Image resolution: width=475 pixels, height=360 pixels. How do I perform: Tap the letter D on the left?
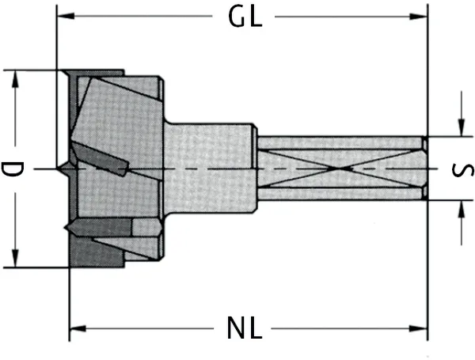(x=11, y=169)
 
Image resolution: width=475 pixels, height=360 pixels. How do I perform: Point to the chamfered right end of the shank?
(x=425, y=169)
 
